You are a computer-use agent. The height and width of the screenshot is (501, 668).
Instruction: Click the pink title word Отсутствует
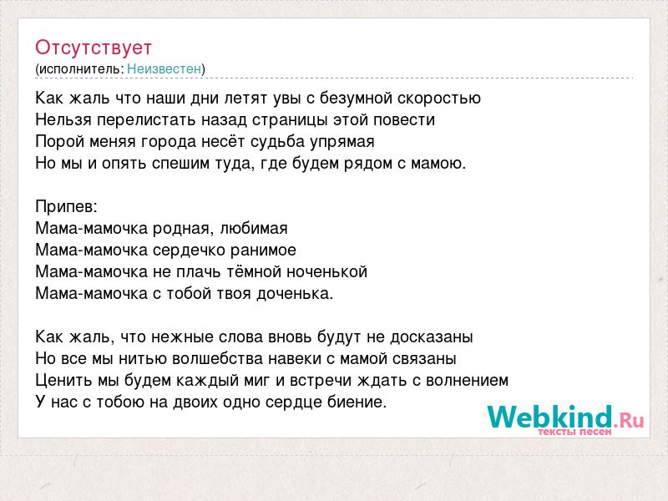94,48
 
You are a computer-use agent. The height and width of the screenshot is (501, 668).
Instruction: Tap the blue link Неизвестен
164,68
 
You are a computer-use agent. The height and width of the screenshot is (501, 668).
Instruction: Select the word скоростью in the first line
439,99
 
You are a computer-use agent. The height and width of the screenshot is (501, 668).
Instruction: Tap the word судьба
277,142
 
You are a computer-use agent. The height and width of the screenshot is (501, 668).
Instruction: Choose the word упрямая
342,142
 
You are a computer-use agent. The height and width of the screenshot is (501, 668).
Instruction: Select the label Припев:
67,206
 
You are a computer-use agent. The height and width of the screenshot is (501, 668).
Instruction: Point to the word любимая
254,229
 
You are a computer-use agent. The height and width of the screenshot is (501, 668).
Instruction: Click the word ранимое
263,250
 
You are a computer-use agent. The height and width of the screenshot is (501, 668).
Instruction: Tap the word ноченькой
326,272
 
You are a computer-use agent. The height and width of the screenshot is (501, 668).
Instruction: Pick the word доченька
295,294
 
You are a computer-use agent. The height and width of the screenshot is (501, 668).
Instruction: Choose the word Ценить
63,381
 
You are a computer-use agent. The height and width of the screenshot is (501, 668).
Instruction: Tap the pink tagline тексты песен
574,432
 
